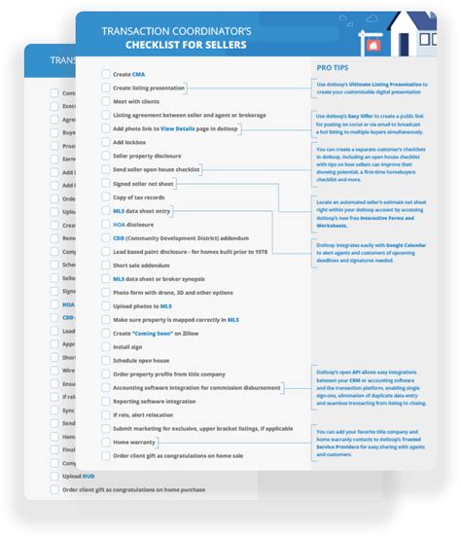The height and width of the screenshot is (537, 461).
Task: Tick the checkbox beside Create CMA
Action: pos(105,74)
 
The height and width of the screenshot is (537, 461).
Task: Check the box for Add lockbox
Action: pos(105,142)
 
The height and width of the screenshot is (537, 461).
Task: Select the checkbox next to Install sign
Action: pos(105,346)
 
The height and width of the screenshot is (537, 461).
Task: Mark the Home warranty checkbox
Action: pos(105,442)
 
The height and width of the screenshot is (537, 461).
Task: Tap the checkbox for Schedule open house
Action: pos(105,360)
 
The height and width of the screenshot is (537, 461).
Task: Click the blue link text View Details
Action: pos(180,128)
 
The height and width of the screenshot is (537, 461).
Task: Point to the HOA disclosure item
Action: pos(132,224)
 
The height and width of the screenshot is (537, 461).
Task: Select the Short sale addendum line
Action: pos(137,265)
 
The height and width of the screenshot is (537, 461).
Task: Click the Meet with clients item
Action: pos(135,101)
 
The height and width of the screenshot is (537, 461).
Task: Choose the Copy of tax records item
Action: pos(139,197)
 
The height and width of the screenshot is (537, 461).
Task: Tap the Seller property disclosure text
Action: pos(149,156)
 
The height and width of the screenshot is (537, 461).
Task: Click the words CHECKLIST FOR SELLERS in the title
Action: pos(186,45)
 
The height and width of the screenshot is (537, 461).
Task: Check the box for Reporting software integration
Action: pos(105,401)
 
